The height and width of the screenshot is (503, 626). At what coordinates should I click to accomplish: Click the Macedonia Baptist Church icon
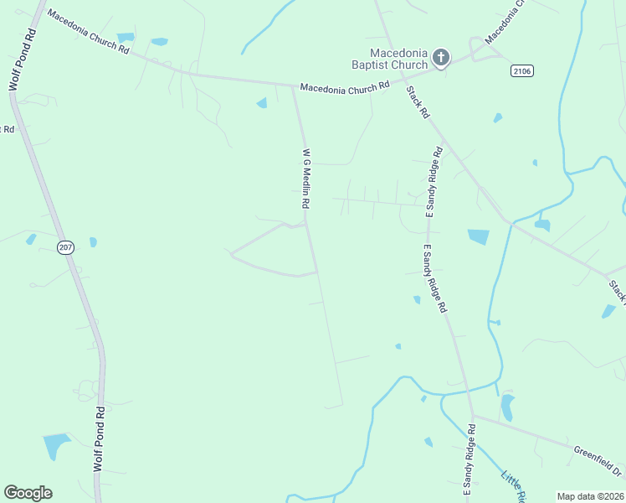click(440, 58)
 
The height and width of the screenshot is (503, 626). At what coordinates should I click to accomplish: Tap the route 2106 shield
click(521, 72)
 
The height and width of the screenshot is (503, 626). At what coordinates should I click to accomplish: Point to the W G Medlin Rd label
click(306, 179)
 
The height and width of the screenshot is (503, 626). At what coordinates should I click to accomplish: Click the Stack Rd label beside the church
click(418, 101)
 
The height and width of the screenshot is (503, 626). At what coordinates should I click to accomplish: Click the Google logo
click(28, 493)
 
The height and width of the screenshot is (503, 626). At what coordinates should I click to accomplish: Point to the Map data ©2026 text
click(591, 496)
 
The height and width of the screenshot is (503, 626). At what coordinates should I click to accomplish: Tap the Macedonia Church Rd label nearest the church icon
click(345, 86)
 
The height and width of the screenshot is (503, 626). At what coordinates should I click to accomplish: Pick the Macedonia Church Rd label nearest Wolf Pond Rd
click(88, 32)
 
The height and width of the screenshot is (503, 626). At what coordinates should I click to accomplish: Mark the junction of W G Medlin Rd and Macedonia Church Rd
click(292, 86)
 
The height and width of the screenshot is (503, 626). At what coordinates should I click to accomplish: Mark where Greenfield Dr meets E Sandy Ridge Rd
click(473, 416)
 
